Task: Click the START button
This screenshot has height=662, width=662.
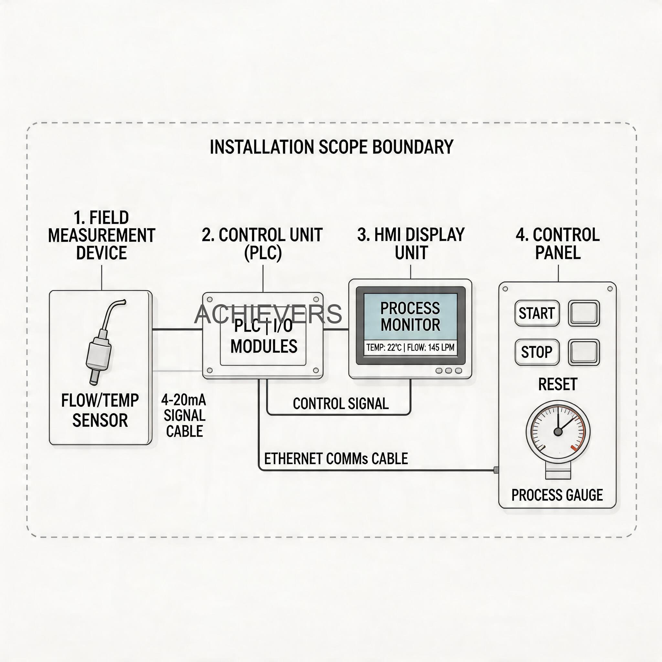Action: pyautogui.click(x=537, y=313)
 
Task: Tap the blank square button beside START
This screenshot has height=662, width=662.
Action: pyautogui.click(x=584, y=313)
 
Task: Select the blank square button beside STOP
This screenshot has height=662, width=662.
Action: pyautogui.click(x=584, y=352)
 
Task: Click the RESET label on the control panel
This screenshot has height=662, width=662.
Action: pyautogui.click(x=558, y=384)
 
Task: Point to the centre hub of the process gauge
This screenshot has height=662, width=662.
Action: pyautogui.click(x=558, y=432)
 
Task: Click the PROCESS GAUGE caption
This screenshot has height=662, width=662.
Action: pyautogui.click(x=557, y=495)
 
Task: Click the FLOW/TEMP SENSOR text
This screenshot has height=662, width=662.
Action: pyautogui.click(x=100, y=410)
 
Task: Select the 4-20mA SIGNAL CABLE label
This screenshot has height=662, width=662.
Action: pyautogui.click(x=184, y=416)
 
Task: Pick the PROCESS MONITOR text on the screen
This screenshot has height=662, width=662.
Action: pyautogui.click(x=410, y=316)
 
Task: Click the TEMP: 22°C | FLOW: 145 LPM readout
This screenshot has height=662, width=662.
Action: pyautogui.click(x=410, y=347)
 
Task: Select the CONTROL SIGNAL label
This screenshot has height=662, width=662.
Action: pyautogui.click(x=341, y=404)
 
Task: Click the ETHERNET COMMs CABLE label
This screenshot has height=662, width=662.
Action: pyautogui.click(x=336, y=458)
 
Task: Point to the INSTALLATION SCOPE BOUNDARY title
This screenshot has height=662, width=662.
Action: pyautogui.click(x=331, y=147)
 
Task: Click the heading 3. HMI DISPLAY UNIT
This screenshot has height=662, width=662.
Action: pyautogui.click(x=411, y=244)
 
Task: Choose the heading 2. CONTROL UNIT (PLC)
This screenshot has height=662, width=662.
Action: pyautogui.click(x=262, y=244)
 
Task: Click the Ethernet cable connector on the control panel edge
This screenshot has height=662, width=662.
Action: pyautogui.click(x=496, y=470)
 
